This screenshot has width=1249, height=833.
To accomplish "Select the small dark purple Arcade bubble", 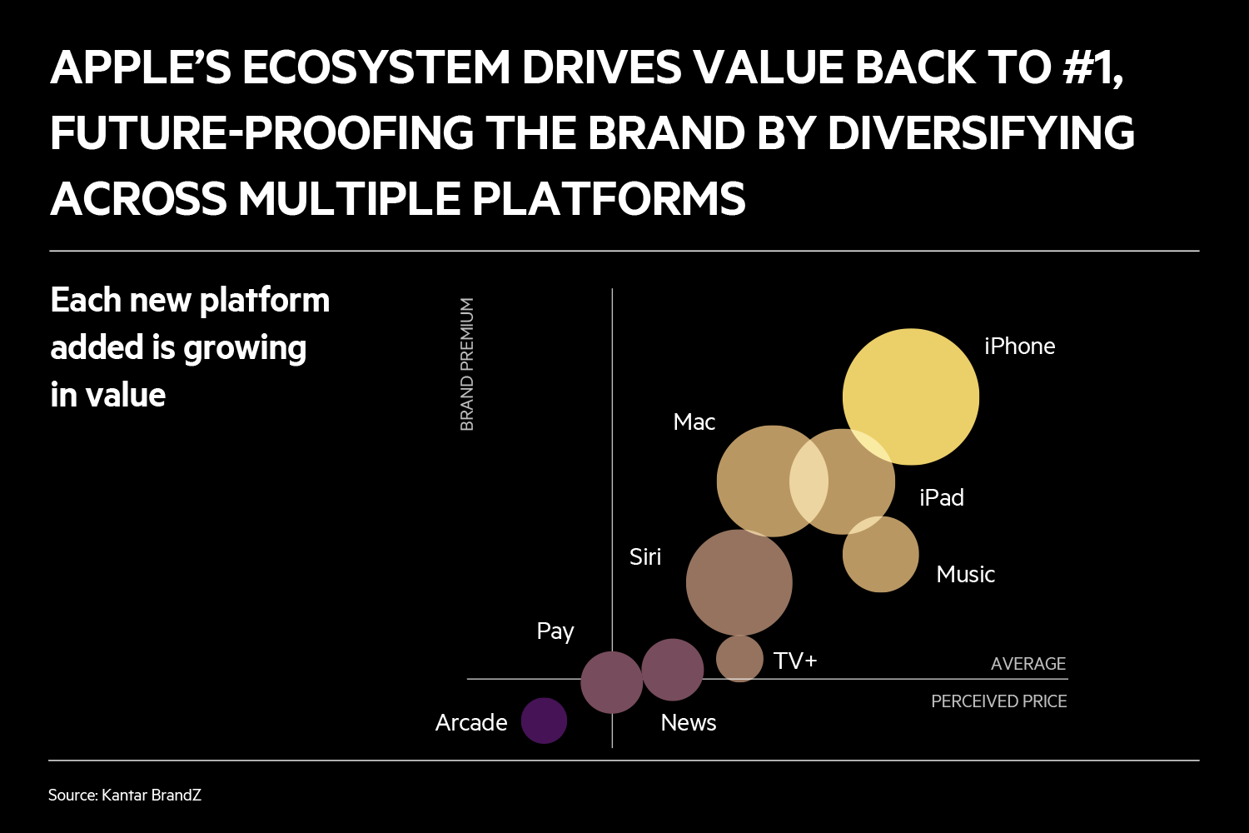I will point(544,721).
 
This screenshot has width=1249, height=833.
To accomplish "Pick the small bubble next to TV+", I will point(739,658).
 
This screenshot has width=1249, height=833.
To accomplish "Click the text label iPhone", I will point(1019,346).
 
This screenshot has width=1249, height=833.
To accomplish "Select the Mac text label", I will point(694,422).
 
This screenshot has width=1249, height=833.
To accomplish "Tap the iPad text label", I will point(941,498).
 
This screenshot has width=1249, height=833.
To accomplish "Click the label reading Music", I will point(965,575).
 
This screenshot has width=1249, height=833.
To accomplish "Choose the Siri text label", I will point(644,556).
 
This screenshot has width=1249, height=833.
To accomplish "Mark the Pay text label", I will point(555,632).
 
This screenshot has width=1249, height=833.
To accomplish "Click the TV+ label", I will point(794,661).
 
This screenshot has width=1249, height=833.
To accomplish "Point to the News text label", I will point(688,723).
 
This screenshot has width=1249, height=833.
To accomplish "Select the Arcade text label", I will point(470,722).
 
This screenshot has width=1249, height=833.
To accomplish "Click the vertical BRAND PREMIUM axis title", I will point(467,364).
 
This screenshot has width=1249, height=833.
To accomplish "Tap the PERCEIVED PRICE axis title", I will point(998,701).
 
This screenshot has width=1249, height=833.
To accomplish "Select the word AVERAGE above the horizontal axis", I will point(1028,664).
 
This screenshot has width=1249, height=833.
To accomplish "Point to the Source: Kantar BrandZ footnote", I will point(125,795).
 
